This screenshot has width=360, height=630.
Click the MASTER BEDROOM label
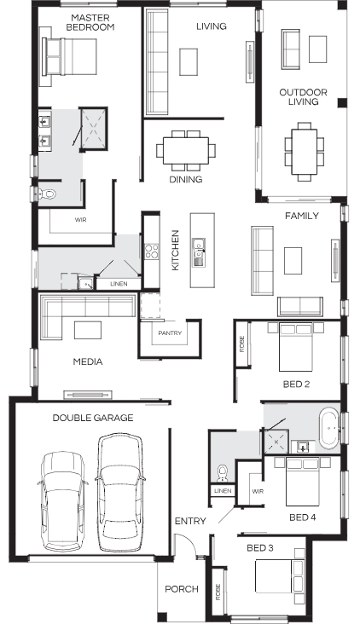pyautogui.click(x=90, y=22)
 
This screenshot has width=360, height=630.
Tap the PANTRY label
pyautogui.click(x=170, y=333)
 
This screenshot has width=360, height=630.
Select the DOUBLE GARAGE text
pyautogui.click(x=93, y=418)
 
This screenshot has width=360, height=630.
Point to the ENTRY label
pyautogui.click(x=190, y=521)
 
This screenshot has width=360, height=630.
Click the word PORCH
pyautogui.click(x=182, y=589)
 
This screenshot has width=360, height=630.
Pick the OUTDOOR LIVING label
pyautogui.click(x=304, y=97)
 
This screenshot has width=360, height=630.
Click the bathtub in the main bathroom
pyautogui.click(x=329, y=428)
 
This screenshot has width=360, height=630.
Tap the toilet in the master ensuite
pyautogui.click(x=47, y=194)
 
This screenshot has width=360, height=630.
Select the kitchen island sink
pyautogui.click(x=199, y=253)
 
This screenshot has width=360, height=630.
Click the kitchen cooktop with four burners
pyautogui.click(x=152, y=251)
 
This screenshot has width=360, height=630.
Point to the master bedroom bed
pyautogui.click(x=69, y=56)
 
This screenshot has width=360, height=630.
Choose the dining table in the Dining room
pyautogui.click(x=186, y=150)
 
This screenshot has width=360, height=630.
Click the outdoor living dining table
pyautogui.click(x=305, y=151)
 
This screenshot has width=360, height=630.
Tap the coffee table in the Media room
pyautogui.click(x=88, y=330)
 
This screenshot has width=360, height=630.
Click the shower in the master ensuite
pyautogui.click(x=93, y=129)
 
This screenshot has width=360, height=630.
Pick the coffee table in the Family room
pyautogui.click(x=293, y=261)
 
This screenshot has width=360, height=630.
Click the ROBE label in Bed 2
pyautogui.click(x=241, y=344)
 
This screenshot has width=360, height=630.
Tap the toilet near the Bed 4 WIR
pyautogui.click(x=222, y=472)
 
